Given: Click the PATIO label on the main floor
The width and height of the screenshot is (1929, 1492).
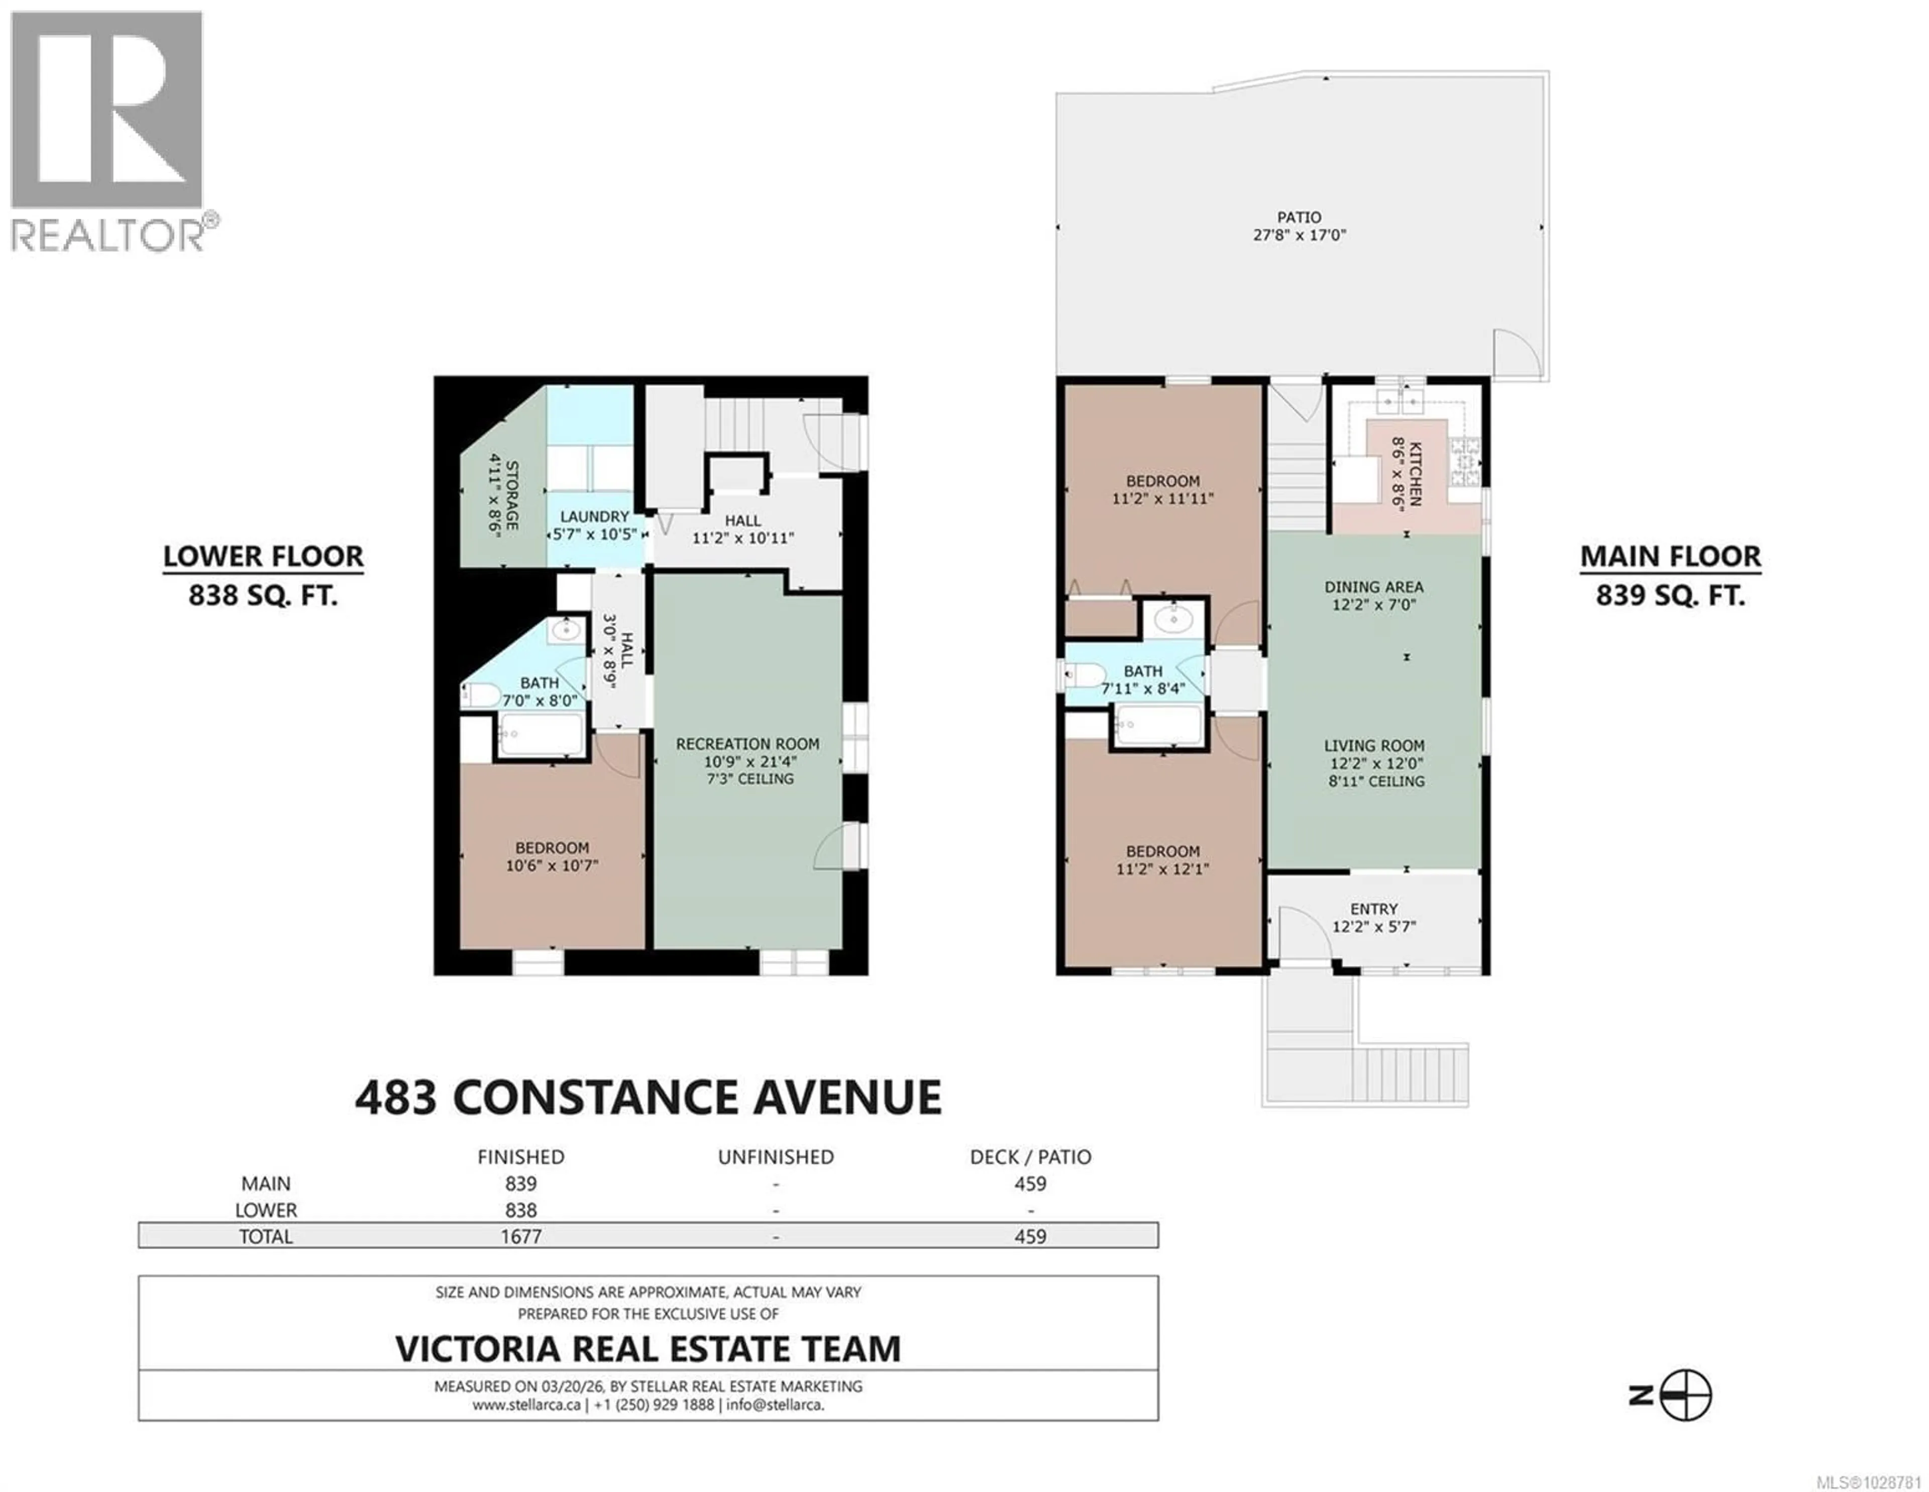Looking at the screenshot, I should point(1299,217).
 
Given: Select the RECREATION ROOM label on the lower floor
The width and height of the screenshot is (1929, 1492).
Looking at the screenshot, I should point(747,744).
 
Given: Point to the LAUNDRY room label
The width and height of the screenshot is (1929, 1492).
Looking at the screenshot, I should point(594,517).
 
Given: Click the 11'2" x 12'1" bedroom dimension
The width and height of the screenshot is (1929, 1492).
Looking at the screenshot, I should point(1162,869).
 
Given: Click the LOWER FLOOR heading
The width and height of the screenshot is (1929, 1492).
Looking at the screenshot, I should point(263,556).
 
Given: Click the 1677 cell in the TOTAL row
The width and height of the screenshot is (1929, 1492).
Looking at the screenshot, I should point(520,1236).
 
